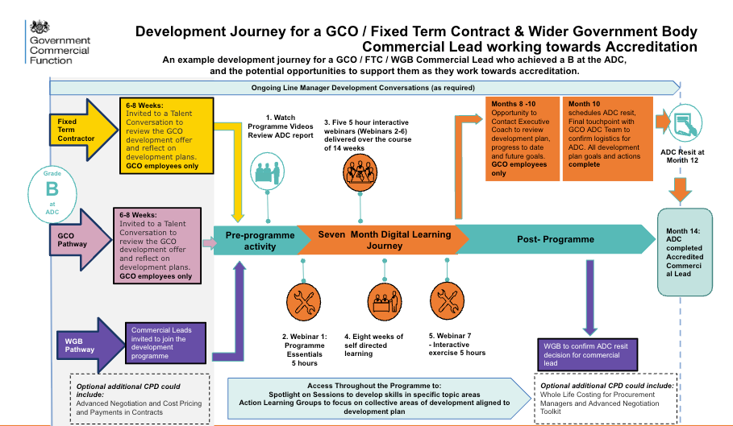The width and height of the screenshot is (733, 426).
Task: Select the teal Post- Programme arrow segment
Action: point(556,239)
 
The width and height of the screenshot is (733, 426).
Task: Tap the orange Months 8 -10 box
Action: point(521,137)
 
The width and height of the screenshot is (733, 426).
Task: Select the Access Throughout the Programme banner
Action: point(373,398)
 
